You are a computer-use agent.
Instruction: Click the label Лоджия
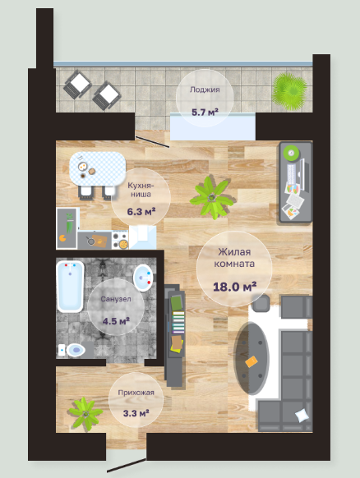(205, 90)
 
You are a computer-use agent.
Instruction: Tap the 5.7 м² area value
(205, 113)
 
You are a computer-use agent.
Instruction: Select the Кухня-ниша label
(141, 190)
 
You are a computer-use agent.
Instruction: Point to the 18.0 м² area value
(234, 287)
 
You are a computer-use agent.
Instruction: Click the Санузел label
(116, 299)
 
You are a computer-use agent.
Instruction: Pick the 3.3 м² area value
(136, 413)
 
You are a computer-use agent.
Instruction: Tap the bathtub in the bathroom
(70, 287)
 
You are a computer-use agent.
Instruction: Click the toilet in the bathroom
(72, 350)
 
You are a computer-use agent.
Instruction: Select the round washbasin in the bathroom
(143, 278)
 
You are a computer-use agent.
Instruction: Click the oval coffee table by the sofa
(252, 358)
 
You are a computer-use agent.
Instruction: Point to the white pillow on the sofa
(302, 416)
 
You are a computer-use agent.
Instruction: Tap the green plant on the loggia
(289, 91)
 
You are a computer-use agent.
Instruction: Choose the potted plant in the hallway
(85, 414)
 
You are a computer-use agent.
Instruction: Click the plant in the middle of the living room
(211, 198)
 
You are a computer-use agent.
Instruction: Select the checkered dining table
(98, 168)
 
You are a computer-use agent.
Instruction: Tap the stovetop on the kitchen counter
(120, 240)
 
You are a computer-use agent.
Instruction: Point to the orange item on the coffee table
(251, 361)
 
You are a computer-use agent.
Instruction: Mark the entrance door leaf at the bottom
(127, 465)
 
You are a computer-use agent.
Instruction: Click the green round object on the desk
(291, 152)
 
